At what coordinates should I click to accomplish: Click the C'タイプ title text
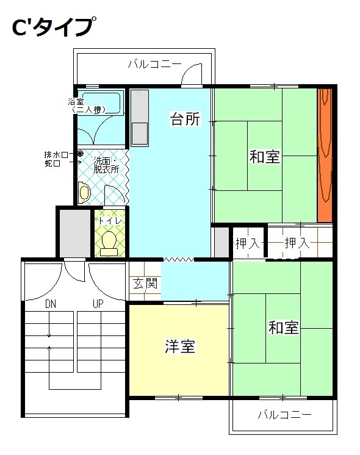(54, 26)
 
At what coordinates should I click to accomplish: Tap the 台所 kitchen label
(185, 119)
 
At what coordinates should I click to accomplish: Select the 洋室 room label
(180, 346)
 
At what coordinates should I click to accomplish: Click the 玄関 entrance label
(145, 284)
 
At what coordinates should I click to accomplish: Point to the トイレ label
(110, 221)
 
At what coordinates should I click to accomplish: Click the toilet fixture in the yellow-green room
(109, 244)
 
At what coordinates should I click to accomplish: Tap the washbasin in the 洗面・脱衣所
(84, 192)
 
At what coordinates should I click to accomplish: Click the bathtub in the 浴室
(101, 102)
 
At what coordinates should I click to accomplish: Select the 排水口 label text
(56, 155)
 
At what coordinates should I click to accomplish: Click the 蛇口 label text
(52, 163)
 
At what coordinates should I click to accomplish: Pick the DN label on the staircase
(51, 304)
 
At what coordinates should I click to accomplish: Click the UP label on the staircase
(98, 304)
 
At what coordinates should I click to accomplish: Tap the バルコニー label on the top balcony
(155, 64)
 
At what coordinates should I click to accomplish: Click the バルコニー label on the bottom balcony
(285, 414)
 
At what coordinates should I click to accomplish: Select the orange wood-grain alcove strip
(325, 156)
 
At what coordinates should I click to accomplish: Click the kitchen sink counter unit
(139, 118)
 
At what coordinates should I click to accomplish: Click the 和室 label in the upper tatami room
(264, 157)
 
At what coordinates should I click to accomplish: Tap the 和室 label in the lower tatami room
(283, 328)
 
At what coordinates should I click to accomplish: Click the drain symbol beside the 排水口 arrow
(81, 153)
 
